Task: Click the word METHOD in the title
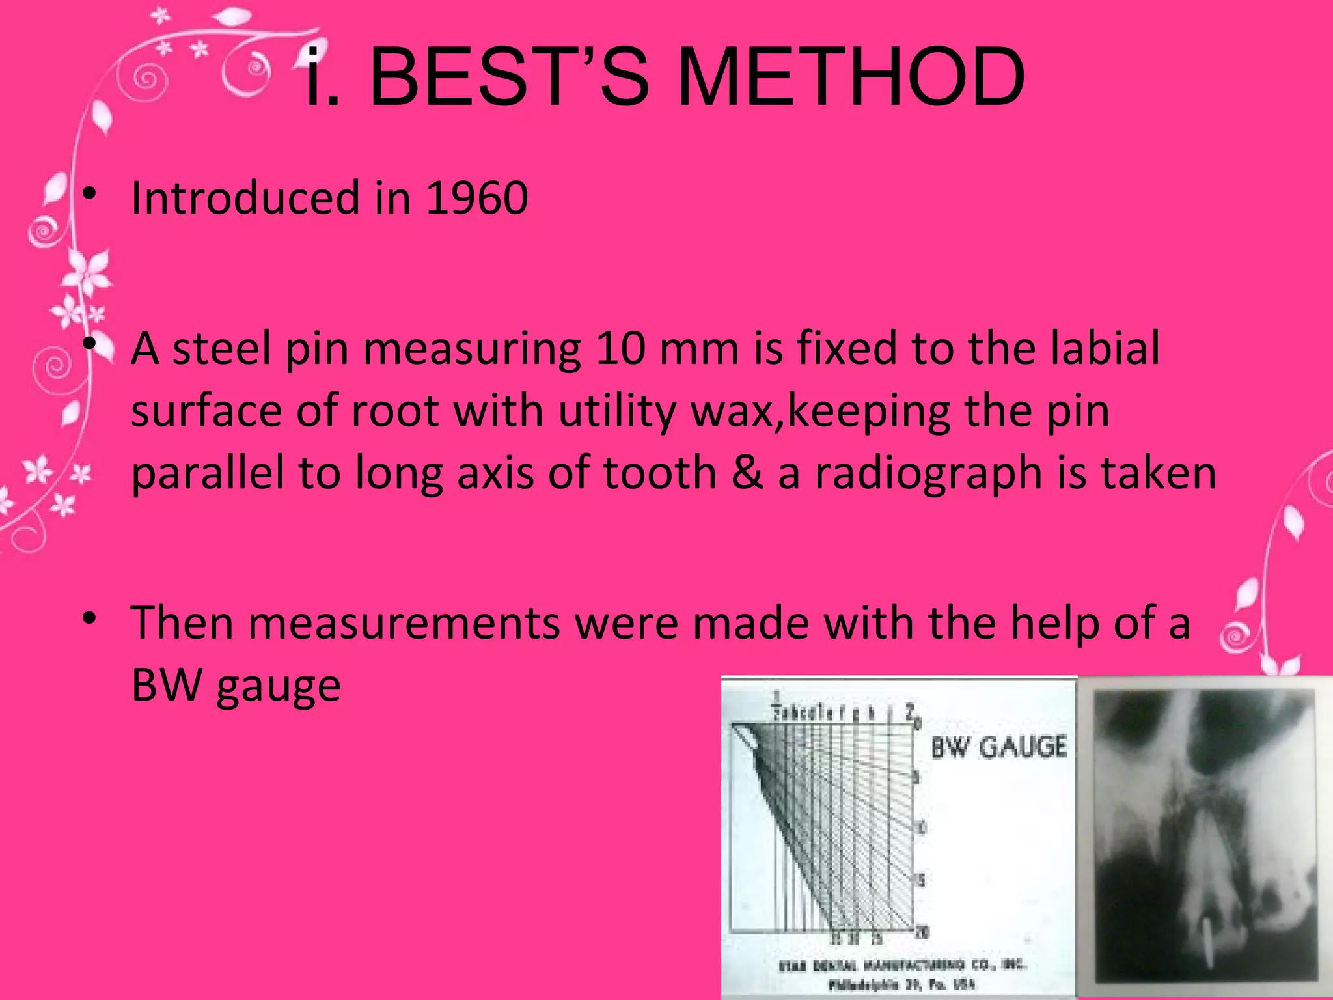851,78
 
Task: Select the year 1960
476,198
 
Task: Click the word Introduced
245,198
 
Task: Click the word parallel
207,473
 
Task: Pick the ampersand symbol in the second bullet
747,473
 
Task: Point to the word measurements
404,623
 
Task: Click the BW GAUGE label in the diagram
999,747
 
